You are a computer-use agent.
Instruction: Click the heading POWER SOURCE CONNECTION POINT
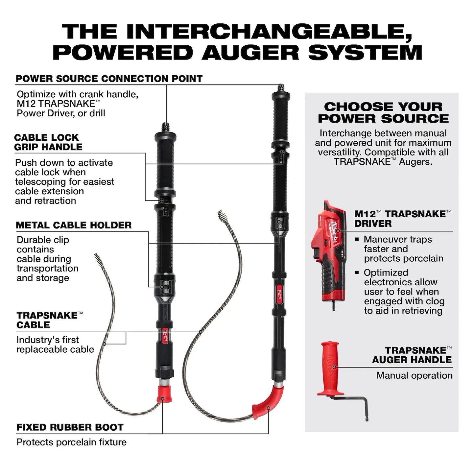point(109,79)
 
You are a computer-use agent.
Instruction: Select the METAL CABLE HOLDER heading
point(74,225)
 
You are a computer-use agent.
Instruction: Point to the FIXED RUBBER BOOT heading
point(70,427)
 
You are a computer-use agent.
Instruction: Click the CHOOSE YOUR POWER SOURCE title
point(383,112)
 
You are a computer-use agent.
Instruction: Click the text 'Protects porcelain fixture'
point(71,442)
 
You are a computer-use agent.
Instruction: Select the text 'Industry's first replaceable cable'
point(55,344)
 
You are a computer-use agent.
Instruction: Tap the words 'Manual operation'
point(414,375)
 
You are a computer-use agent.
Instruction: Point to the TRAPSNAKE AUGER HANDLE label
point(412,355)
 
